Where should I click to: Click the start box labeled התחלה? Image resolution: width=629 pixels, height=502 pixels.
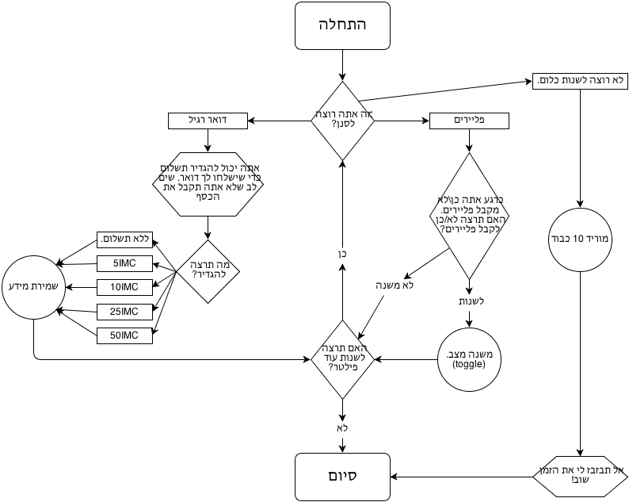[342, 25]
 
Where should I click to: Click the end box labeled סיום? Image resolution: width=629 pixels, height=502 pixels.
[342, 477]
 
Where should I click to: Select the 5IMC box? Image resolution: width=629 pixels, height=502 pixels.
[124, 262]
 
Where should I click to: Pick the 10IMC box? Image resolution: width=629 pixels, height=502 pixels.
[124, 286]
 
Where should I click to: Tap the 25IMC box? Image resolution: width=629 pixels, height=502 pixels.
[124, 310]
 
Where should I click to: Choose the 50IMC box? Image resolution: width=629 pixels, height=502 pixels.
[124, 335]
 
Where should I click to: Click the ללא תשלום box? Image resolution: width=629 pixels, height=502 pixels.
[124, 239]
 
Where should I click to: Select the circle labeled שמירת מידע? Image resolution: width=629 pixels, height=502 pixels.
[34, 286]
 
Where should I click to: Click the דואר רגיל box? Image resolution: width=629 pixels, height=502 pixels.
[208, 121]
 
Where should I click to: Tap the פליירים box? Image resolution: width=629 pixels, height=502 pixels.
[469, 121]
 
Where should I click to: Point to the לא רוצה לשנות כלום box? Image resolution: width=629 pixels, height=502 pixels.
[581, 81]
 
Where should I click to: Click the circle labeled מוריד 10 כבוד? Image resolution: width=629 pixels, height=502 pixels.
[581, 238]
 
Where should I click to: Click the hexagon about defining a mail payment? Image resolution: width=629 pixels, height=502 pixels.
[208, 184]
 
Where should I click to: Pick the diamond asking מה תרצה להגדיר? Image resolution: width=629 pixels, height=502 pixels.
[208, 270]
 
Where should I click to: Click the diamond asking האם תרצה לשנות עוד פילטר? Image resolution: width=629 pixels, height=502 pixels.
[342, 358]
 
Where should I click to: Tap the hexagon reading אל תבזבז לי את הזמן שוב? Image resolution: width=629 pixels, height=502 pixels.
[581, 477]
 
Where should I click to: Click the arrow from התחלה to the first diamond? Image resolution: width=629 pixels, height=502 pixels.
[342, 65]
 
